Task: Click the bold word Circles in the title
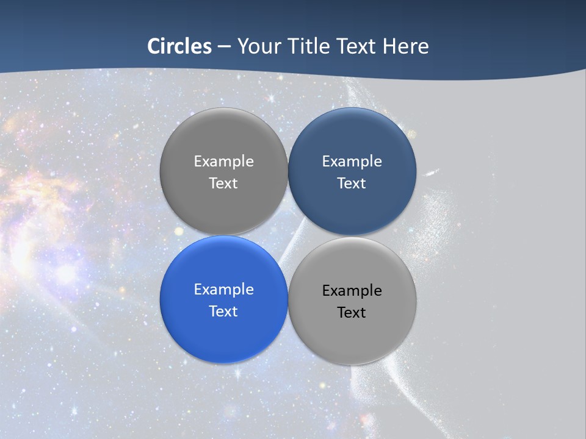pos(179,46)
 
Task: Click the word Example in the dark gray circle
pos(223,162)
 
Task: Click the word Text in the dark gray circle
pos(223,184)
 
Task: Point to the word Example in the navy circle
pos(352,162)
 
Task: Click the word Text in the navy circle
pos(352,184)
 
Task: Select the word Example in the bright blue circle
pos(223,290)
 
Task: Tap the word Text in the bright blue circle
pos(223,312)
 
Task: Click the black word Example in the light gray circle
pos(352,291)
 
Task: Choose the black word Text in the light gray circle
pos(352,313)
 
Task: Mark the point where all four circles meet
pos(288,235)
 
